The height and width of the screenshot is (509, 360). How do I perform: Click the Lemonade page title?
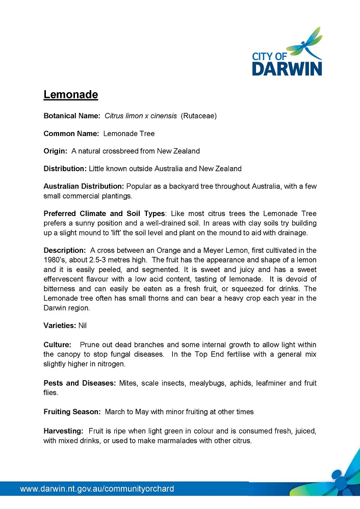(x=70, y=95)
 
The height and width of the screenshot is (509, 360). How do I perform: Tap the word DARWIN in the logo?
(x=287, y=69)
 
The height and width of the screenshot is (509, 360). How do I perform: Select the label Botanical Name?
(x=72, y=116)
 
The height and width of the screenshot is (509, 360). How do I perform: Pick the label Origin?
(x=56, y=151)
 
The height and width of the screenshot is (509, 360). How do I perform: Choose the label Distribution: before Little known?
(x=65, y=168)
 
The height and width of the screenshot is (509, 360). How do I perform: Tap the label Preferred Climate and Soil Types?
(x=104, y=213)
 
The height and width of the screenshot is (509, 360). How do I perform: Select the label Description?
(x=64, y=250)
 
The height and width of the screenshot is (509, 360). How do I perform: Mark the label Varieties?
(x=60, y=325)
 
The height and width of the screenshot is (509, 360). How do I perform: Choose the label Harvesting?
(x=63, y=431)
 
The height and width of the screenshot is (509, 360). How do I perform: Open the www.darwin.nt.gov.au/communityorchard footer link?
(x=97, y=489)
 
